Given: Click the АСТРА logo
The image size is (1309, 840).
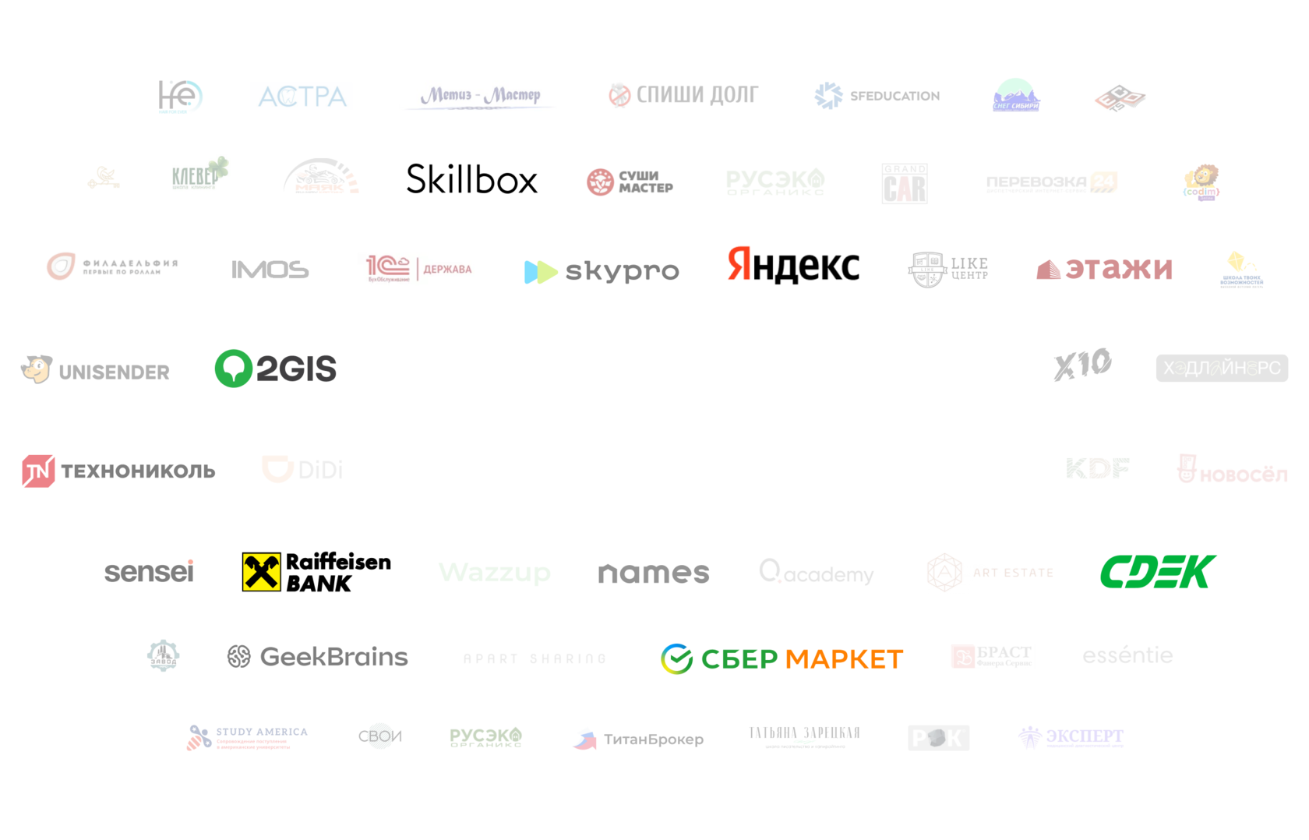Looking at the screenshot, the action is coord(301,96).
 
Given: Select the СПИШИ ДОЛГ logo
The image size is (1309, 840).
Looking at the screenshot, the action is coord(684,95).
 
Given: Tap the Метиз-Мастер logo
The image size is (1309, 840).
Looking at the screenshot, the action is coord(478,96).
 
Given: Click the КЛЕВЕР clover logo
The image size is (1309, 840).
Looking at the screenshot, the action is coord(199,173).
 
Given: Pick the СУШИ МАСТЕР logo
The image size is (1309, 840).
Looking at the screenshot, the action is coord(630,183).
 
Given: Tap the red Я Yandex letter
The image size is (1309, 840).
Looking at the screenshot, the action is coord(739,263).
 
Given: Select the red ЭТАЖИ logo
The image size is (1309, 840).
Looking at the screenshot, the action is coord(1104,269).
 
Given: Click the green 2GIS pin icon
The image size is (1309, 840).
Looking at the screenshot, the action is coord(233,368).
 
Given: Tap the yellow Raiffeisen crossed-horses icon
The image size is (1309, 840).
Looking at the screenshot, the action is coord(261,572).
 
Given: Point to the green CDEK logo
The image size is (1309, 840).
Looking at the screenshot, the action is coord(1158,571).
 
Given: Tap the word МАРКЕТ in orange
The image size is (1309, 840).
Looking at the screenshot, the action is coord(844,660).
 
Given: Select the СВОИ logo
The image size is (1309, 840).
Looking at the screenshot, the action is coord(379,736).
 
